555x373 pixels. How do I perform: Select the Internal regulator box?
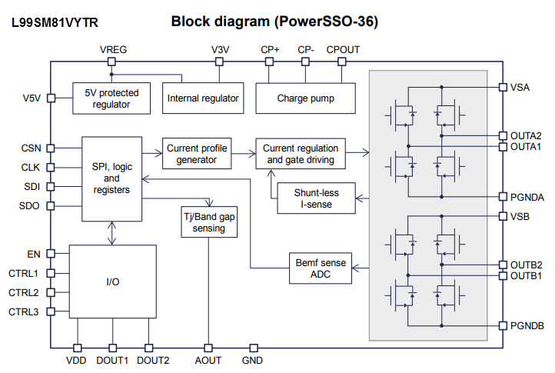204,98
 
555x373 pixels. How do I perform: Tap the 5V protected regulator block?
111,98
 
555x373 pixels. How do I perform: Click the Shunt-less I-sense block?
316,199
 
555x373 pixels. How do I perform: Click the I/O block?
112,281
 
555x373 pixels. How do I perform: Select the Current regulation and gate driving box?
300,154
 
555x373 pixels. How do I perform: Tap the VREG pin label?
113,50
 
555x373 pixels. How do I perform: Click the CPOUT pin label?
343,50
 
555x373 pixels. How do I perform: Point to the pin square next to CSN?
50,148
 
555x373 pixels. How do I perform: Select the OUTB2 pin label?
527,265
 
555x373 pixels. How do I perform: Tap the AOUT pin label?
208,360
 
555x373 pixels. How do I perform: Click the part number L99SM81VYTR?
55,24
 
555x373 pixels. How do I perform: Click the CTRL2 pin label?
24,292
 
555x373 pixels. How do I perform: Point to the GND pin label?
252,360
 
